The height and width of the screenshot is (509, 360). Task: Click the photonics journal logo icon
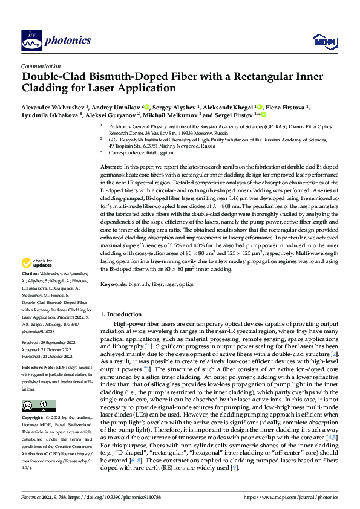[x=28, y=41]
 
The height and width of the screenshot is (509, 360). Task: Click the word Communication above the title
[x=41, y=66]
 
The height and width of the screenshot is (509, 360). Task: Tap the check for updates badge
[x=36, y=263]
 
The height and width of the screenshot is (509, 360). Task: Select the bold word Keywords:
[x=114, y=284]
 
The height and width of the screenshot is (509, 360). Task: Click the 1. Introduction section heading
[x=124, y=314]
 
